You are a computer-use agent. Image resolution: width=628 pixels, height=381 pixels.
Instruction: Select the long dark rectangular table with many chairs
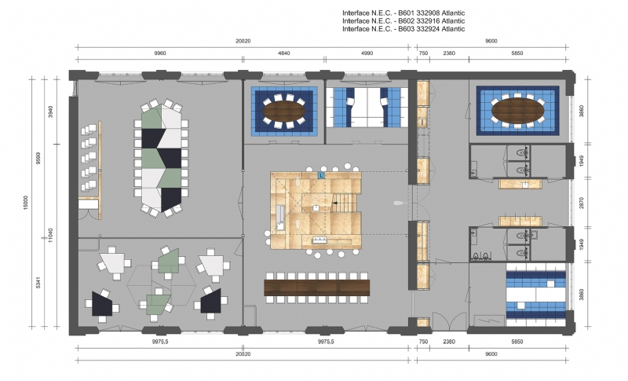point(317,287)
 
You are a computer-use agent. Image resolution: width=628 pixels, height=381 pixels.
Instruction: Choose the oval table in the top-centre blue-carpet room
point(283,111)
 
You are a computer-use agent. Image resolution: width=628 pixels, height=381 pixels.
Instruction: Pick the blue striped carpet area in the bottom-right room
point(535,294)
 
